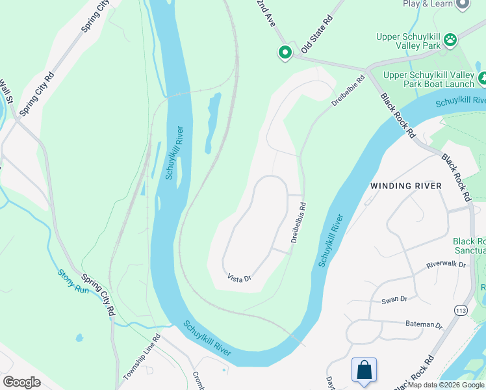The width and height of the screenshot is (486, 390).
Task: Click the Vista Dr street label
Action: coord(239,278)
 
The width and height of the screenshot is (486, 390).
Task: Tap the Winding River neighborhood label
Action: coord(405,186)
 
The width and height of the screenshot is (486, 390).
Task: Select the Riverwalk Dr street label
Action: coord(446,265)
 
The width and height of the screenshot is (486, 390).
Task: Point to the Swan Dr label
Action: coord(394,299)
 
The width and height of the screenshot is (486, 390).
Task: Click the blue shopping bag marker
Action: coord(364,370)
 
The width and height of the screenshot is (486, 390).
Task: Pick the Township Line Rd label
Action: coord(142,357)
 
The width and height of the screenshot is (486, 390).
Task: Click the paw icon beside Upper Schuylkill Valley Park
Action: coord(450,41)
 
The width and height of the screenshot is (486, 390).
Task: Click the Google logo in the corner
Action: coord(21,382)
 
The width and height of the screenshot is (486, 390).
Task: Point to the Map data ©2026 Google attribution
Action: coord(445,385)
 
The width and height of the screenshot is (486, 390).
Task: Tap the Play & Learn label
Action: coord(428,4)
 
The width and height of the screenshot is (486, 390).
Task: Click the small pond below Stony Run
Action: coord(79,338)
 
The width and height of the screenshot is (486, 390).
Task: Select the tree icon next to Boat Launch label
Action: coord(483,79)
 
